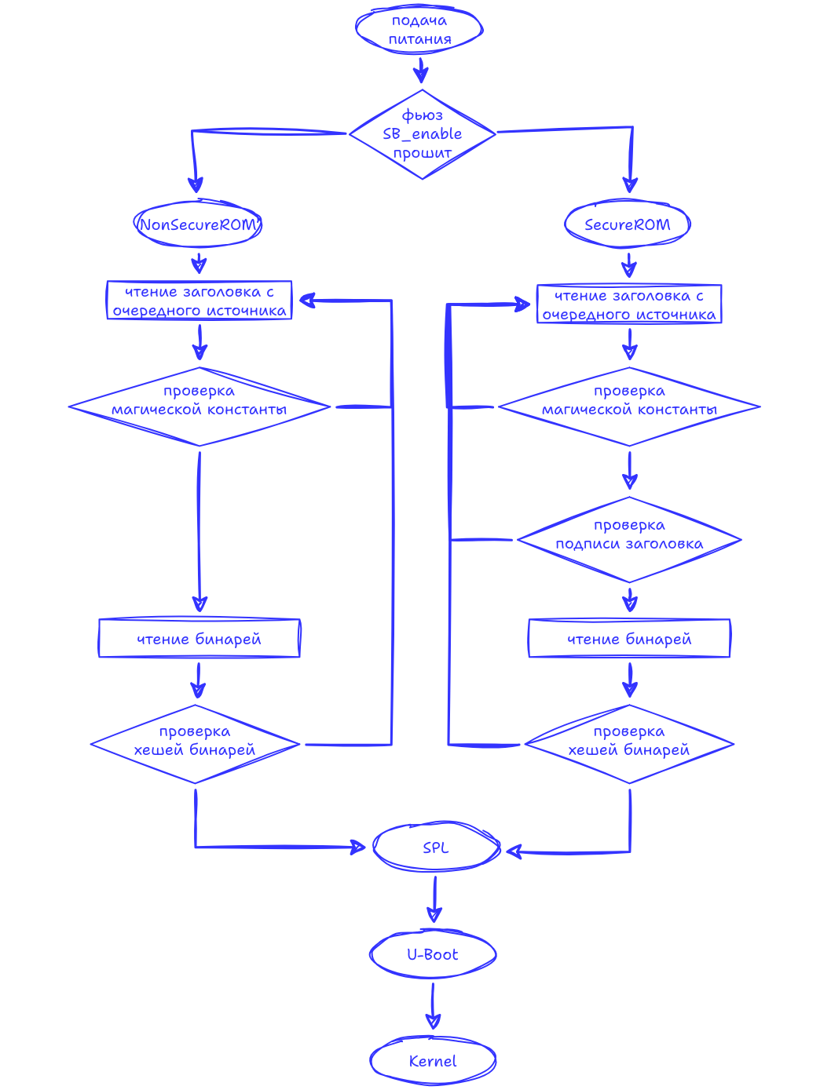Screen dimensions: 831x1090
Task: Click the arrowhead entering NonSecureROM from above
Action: click(x=196, y=185)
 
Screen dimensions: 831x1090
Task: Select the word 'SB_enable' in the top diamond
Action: click(x=422, y=134)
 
